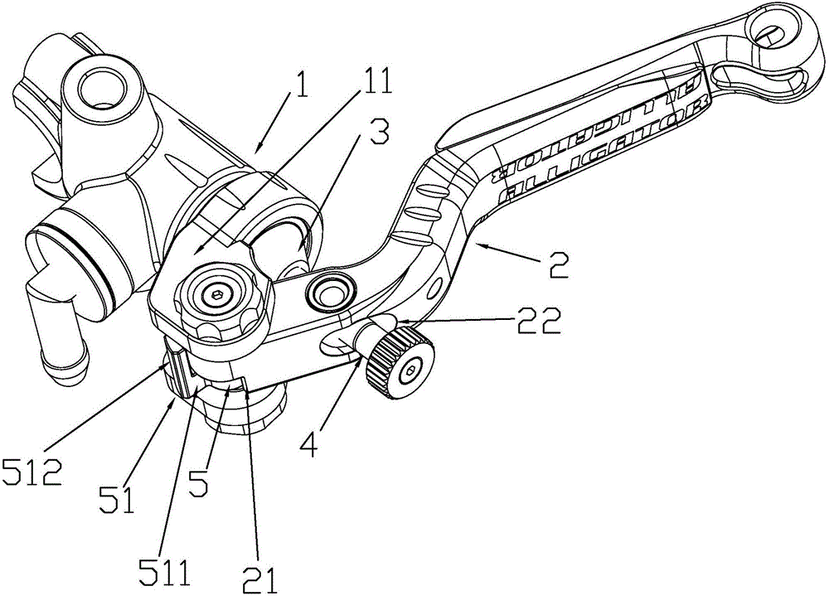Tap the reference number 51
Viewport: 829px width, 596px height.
pyautogui.click(x=117, y=499)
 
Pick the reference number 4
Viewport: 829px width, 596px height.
pyautogui.click(x=310, y=443)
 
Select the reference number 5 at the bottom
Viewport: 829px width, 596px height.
pyautogui.click(x=199, y=482)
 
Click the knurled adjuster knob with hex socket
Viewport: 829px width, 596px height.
pyautogui.click(x=400, y=361)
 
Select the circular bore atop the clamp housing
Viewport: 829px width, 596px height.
pyautogui.click(x=101, y=84)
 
